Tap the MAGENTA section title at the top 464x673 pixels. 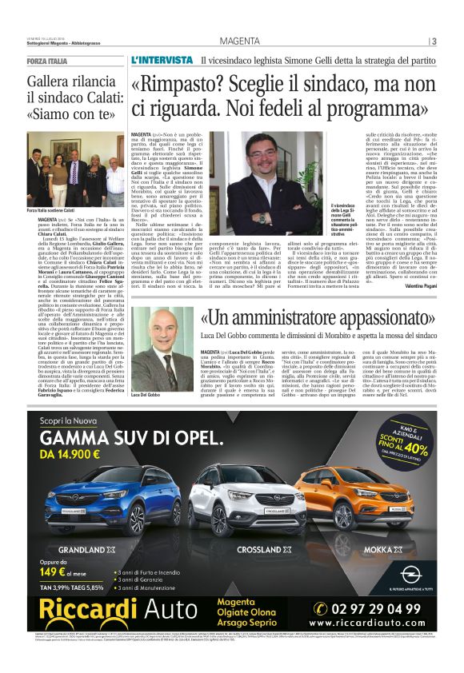tap(240, 42)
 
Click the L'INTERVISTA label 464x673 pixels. tap(161, 61)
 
